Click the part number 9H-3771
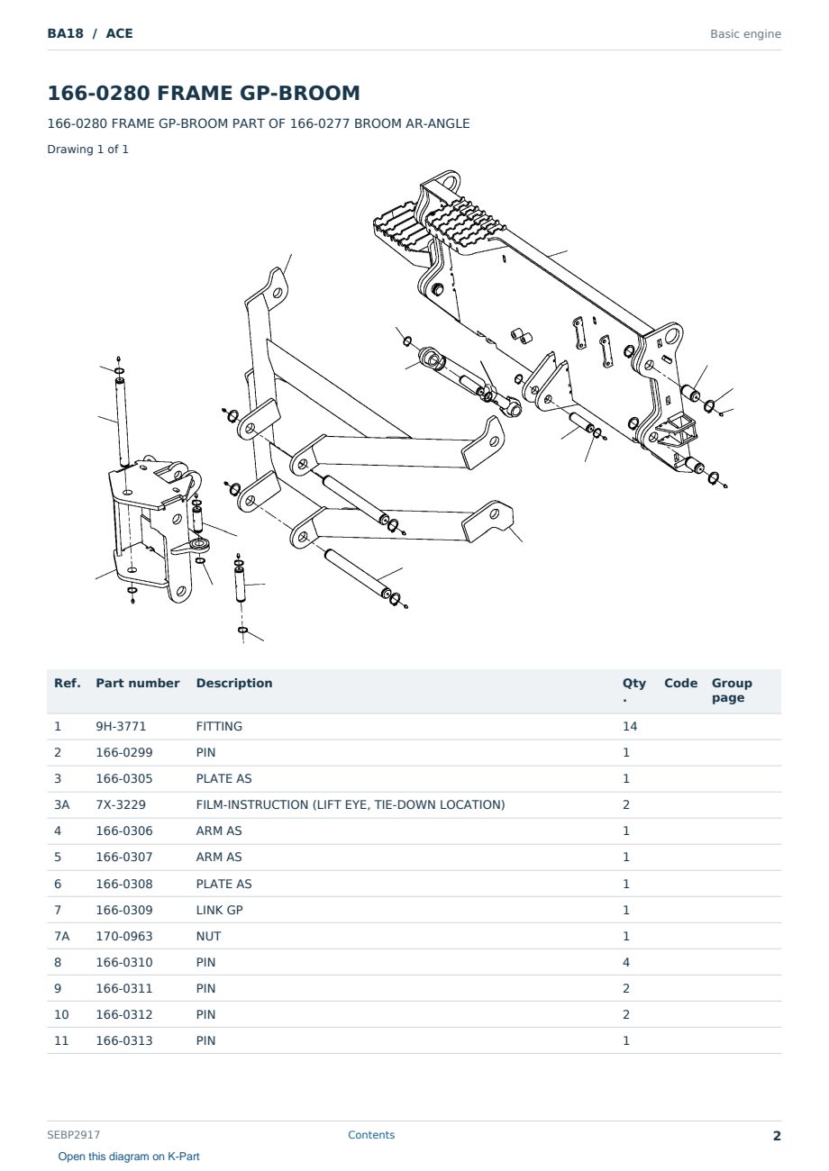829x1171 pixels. point(121,726)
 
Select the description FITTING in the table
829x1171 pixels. point(219,726)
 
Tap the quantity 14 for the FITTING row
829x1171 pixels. point(630,726)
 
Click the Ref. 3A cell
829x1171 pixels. point(61,804)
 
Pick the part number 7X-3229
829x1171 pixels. point(121,804)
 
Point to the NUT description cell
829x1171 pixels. point(209,936)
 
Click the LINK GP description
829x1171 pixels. point(220,910)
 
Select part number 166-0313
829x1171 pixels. point(124,1040)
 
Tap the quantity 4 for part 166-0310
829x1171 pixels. point(626,962)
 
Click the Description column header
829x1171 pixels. point(234,684)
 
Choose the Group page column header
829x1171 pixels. point(732,691)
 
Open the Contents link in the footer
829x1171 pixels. point(371,1135)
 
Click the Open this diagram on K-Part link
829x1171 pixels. point(129,1157)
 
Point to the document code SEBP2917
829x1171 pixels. point(73,1135)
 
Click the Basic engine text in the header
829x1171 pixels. point(745,34)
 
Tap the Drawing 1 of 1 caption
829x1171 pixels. point(88,150)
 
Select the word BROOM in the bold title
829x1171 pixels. point(319,93)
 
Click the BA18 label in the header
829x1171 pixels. point(66,33)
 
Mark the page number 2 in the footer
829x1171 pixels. point(777,1136)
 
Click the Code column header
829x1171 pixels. point(680,684)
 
